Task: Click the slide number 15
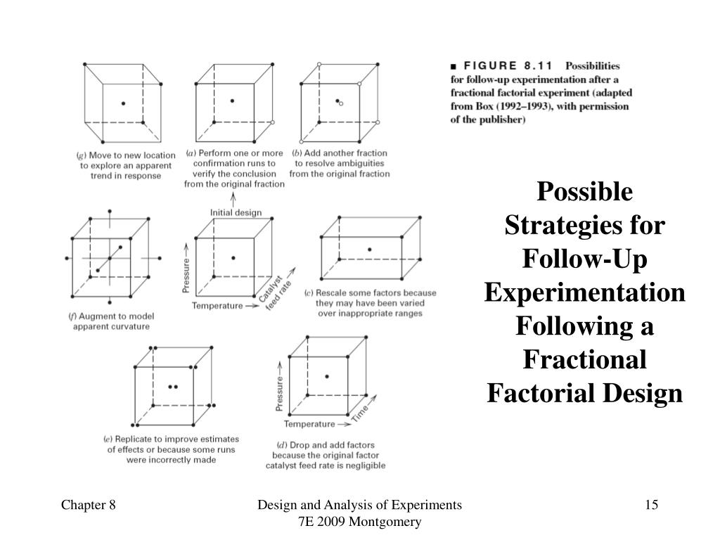[650, 505]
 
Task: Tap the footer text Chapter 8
[88, 505]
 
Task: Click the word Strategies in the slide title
[585, 226]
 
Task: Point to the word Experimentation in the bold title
[585, 292]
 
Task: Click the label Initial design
[236, 212]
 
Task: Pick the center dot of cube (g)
[124, 103]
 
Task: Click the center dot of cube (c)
[369, 250]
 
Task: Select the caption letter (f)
[72, 316]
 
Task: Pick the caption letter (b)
[297, 153]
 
